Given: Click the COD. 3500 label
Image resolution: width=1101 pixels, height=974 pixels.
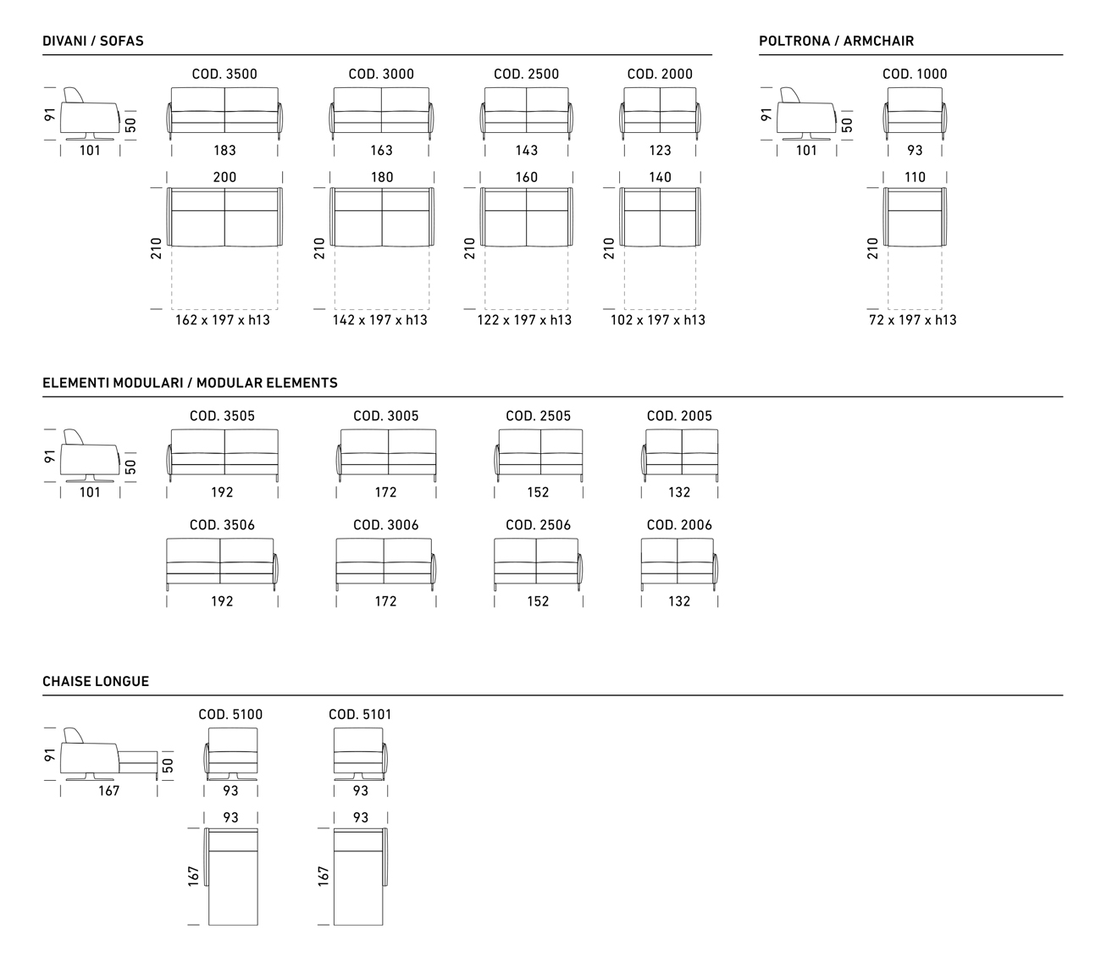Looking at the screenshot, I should pos(224,75).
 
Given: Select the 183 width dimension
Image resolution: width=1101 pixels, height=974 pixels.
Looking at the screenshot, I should pos(224,151).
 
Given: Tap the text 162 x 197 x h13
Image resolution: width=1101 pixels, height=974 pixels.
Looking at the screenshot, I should pos(224,320).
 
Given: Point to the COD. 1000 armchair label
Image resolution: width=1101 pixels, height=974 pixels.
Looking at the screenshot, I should pos(915,75).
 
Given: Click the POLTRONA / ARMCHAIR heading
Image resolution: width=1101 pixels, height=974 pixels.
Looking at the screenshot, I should pos(836,41).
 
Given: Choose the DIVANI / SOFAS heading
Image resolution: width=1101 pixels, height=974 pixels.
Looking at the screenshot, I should pos(93,41).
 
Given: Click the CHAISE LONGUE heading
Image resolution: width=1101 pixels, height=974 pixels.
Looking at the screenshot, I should pos(96,682).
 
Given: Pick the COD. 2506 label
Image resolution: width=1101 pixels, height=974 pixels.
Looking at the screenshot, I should pos(538,525).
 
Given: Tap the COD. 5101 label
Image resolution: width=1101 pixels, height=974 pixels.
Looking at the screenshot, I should pos(360,715).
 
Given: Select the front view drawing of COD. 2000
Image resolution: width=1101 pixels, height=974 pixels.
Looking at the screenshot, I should pos(660,112).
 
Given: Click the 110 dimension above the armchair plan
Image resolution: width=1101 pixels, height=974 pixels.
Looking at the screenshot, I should pos(915,178).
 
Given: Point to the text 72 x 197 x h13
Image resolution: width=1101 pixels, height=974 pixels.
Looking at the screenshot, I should pos(912,320).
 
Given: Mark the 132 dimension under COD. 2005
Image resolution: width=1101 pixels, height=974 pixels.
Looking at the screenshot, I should pos(679,492).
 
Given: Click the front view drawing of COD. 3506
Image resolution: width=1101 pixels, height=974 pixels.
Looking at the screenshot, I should pos(222,563).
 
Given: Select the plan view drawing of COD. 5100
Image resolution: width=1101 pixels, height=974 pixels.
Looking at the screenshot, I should pos(231,877).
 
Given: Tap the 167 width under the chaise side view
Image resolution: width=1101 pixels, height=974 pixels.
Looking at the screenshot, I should pos(108,791).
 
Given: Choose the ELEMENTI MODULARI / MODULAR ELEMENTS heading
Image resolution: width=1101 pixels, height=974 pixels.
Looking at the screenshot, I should pos(190,383).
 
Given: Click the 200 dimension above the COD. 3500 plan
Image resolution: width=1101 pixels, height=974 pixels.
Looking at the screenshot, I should pos(224,178).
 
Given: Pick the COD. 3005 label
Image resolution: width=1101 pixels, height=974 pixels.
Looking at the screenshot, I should pos(385,416).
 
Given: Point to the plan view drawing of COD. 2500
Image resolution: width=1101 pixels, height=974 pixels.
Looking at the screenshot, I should pos(527,218).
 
